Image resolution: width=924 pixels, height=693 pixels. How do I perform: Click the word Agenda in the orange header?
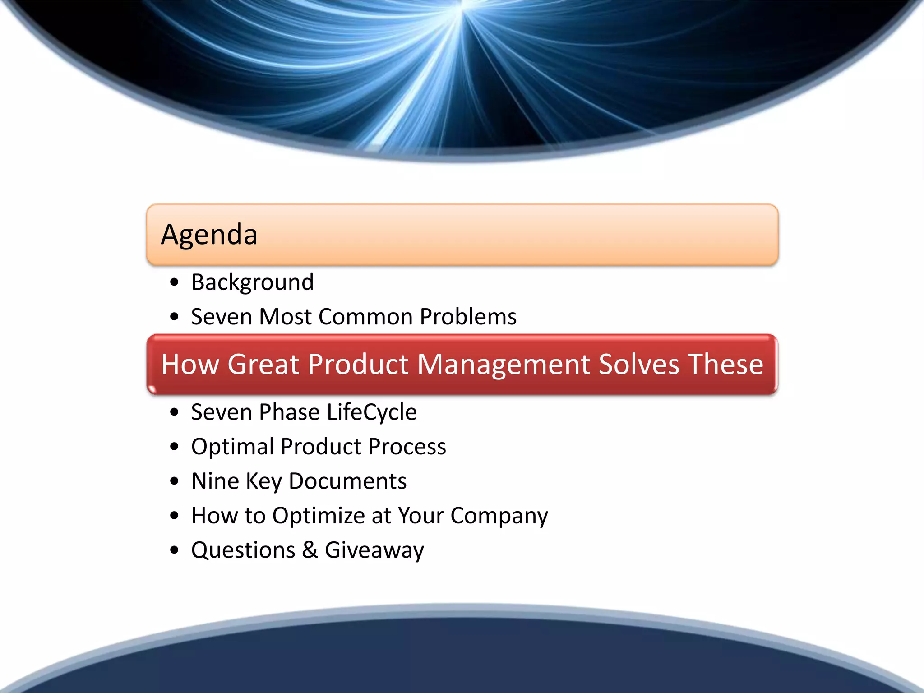(209, 235)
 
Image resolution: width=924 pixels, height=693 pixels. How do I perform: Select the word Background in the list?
(252, 282)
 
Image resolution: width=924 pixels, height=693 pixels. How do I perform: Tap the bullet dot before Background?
(175, 283)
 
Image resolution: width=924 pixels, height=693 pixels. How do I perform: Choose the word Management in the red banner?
(504, 364)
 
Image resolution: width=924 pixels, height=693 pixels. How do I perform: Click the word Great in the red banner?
(263, 364)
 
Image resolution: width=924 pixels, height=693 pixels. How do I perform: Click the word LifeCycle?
(371, 412)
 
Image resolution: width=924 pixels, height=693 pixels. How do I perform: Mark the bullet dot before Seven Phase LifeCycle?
(175, 412)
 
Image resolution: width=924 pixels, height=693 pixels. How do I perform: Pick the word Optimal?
(232, 447)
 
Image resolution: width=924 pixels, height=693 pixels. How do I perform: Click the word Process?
(407, 447)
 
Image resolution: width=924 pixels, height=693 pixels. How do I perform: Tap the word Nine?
(215, 481)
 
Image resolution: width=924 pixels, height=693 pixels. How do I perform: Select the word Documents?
(347, 481)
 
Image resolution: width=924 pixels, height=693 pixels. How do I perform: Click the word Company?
(499, 516)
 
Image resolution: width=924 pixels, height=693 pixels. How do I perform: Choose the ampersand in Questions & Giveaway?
(310, 550)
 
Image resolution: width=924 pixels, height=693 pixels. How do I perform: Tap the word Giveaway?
(374, 550)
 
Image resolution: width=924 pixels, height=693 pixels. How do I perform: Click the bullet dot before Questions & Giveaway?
(175, 550)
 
